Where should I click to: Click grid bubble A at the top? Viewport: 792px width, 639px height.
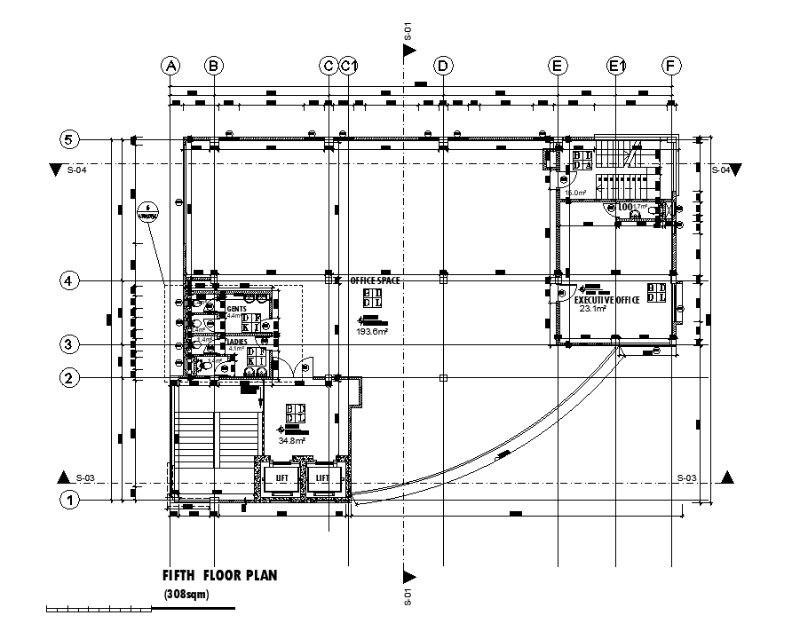(x=170, y=66)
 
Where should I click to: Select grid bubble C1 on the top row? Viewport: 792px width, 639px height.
(x=349, y=66)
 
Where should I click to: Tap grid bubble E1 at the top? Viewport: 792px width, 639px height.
(x=617, y=66)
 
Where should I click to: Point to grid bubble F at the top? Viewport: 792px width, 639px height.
(x=672, y=66)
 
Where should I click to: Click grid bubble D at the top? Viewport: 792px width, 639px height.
(x=441, y=66)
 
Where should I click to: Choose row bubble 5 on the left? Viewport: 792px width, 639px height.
(x=69, y=139)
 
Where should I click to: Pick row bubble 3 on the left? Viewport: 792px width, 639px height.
(x=69, y=344)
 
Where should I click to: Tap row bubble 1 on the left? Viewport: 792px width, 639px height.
(x=69, y=500)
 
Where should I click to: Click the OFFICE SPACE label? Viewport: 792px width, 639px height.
(x=375, y=280)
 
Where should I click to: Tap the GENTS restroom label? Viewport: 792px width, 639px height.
(x=236, y=308)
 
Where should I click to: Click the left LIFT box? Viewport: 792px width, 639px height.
(x=282, y=478)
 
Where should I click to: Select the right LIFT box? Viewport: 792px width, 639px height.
(x=322, y=478)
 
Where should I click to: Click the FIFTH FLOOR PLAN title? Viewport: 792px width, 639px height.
(x=219, y=575)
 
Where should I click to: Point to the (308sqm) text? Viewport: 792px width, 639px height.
(x=186, y=595)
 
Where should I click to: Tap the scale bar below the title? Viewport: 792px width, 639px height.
(x=139, y=609)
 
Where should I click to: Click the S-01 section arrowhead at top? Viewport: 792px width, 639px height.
(x=409, y=51)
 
